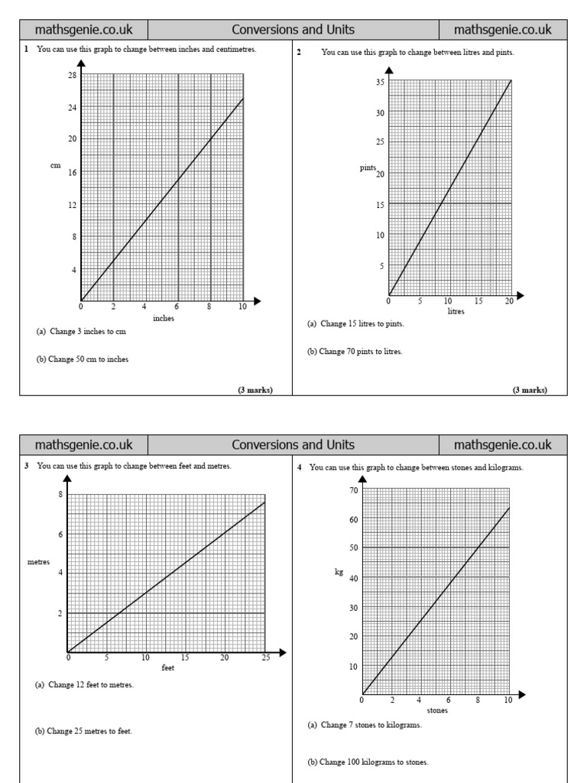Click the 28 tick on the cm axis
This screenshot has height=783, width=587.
pos(72,74)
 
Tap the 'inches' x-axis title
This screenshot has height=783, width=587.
pos(164,318)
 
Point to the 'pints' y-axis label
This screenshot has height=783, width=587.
pos(368,167)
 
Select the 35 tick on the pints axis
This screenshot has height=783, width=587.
pos(380,82)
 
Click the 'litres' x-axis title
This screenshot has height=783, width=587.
pos(456,311)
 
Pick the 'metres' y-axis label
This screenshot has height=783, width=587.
pos(38,561)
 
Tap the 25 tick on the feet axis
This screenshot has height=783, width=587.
pos(264,658)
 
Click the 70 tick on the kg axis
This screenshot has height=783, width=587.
pos(353,490)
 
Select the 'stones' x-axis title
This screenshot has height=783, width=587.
pos(437,710)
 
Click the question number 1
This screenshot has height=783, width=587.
pos(26,50)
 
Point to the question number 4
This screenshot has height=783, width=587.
pos(300,467)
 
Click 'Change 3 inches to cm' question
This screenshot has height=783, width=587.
pos(80,331)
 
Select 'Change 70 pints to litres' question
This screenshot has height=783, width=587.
pos(355,352)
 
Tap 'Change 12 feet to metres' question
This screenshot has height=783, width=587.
pos(85,684)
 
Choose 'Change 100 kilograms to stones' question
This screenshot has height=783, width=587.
pos(368,762)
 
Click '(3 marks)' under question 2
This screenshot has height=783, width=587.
pos(530,390)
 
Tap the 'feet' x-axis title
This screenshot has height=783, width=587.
pos(168,668)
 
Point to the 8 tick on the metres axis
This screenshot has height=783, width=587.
pos(60,495)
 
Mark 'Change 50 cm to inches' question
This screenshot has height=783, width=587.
pos(83,359)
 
